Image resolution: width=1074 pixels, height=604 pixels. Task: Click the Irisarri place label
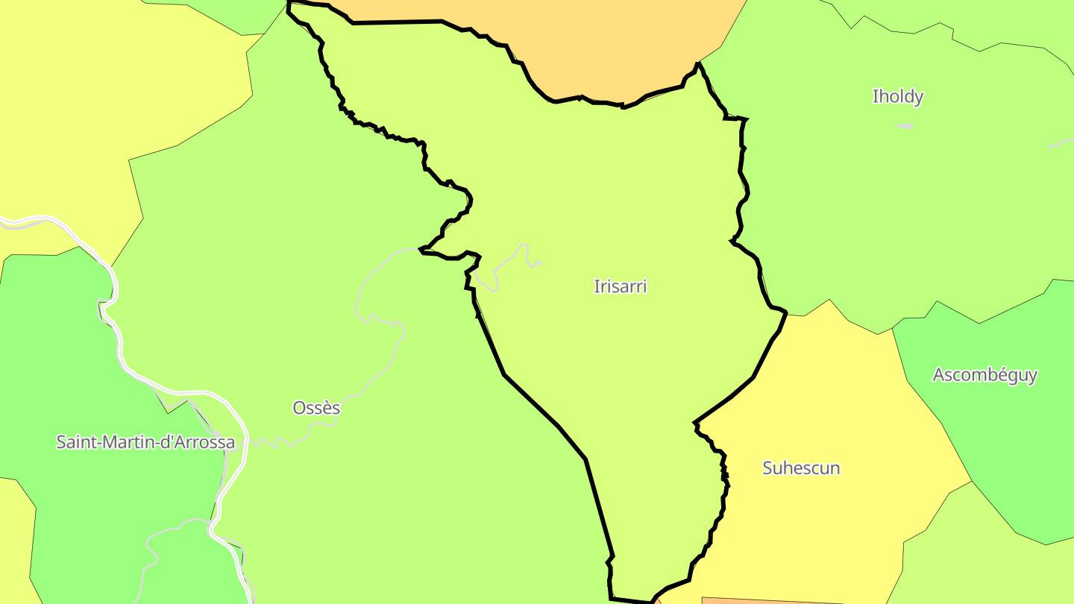point(620,286)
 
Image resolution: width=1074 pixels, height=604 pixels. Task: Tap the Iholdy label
point(898,96)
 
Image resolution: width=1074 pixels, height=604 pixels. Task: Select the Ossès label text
point(316,408)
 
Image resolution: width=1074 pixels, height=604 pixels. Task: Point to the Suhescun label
point(801,468)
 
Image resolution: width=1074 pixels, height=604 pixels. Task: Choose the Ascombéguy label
point(984,375)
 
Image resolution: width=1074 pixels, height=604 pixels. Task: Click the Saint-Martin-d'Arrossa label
point(145,442)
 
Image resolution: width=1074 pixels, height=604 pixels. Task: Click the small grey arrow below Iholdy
point(905,126)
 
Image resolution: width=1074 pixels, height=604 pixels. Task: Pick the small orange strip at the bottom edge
point(768,600)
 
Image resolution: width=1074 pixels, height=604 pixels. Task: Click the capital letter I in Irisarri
point(596,286)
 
